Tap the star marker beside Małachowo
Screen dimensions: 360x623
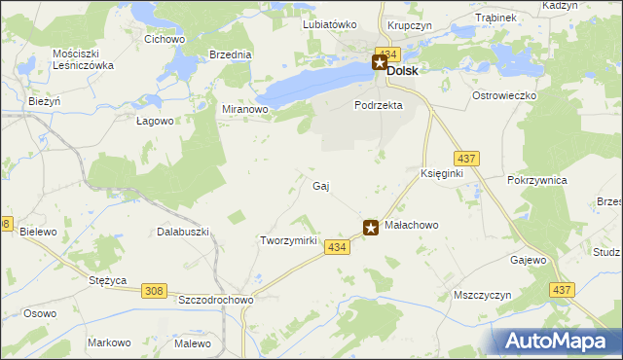371,228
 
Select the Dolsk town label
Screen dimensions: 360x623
403,70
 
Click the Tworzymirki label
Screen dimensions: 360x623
289,240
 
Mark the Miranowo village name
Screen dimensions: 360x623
245,110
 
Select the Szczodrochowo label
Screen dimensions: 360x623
215,301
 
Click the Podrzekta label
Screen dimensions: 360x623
379,105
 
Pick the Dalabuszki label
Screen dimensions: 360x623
184,233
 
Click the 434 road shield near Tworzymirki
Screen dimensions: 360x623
337,248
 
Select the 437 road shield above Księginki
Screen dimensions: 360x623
466,158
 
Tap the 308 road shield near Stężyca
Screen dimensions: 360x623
155,290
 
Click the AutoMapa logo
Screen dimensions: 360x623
559,341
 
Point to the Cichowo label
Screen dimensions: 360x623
165,40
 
